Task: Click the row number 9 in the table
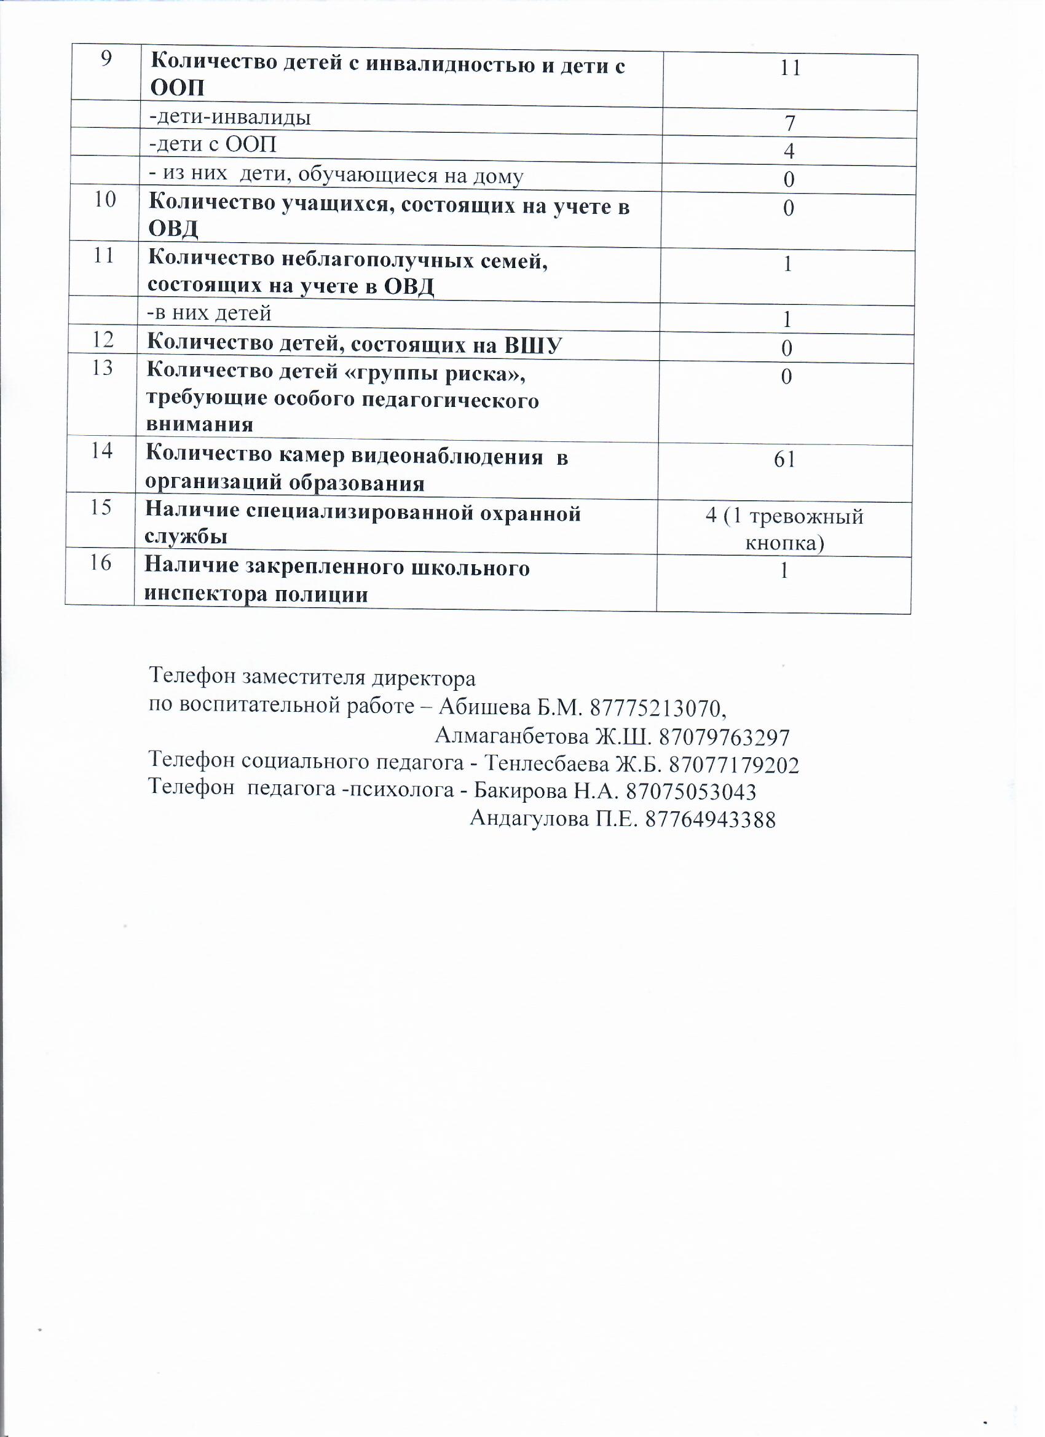106,59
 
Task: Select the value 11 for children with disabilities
791,68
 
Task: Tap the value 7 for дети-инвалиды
790,123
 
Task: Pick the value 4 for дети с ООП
789,151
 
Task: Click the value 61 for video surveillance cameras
784,459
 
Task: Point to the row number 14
102,451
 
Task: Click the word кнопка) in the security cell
784,543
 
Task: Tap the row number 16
101,562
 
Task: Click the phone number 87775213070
657,707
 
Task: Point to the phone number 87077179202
734,765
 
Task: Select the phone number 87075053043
691,792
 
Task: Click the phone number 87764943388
711,820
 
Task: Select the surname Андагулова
529,819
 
